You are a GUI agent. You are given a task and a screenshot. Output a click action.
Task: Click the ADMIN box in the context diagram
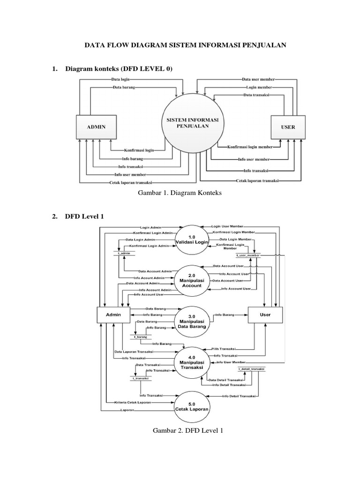(x=95, y=127)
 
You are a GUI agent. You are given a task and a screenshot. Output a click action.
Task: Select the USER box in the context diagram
(x=288, y=127)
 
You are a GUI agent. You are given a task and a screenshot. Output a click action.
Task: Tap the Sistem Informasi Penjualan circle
(x=192, y=123)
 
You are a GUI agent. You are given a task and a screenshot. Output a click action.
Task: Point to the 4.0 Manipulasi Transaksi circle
(x=191, y=363)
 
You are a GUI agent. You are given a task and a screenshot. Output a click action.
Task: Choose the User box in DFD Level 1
(x=265, y=315)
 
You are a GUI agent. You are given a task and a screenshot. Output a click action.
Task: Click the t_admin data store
(x=124, y=253)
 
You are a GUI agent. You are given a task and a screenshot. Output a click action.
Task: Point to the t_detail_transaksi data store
(x=251, y=369)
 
